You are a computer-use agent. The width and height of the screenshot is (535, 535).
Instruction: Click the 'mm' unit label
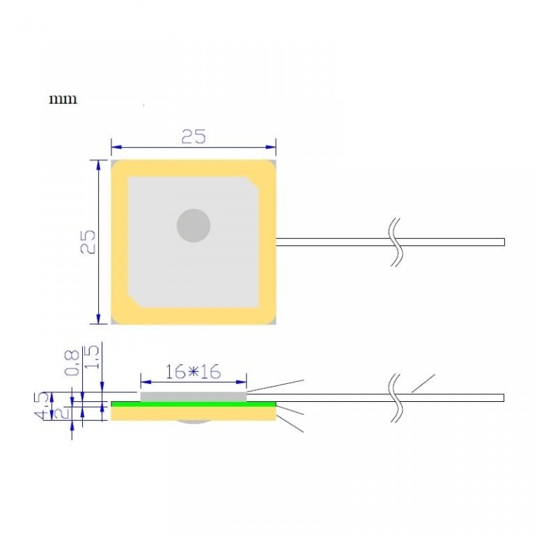pos(63,99)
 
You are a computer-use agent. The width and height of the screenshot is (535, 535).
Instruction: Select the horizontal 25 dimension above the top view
pos(193,137)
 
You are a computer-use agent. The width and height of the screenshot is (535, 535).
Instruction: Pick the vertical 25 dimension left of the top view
pos(88,242)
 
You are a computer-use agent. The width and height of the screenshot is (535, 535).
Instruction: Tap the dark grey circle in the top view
pos(193,226)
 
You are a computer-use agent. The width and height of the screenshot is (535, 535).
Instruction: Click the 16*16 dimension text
pos(193,372)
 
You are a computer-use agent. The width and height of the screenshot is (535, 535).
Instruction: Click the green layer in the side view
pos(193,403)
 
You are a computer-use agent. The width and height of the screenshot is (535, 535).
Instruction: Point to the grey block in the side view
pos(193,396)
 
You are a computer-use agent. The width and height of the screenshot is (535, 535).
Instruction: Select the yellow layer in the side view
pos(193,414)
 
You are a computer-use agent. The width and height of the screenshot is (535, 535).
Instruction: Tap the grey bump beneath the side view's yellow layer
pos(193,422)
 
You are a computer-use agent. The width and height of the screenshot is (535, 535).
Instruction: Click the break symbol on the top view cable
pos(396,242)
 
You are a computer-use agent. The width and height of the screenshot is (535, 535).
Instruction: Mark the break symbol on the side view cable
pos(396,398)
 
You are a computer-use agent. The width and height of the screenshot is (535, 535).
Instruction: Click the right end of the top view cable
pos(502,242)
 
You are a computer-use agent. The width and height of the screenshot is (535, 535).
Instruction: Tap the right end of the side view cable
pos(502,398)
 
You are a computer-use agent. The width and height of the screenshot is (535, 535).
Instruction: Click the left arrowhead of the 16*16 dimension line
pos(144,381)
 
